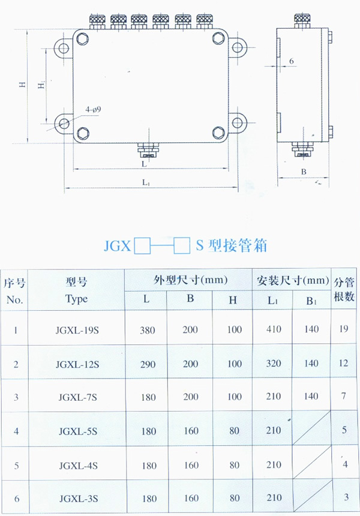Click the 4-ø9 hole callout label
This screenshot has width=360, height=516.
point(93,110)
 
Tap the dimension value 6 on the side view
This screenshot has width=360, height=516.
point(292,61)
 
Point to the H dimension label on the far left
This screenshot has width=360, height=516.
point(22,84)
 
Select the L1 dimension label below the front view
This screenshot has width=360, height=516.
point(146,182)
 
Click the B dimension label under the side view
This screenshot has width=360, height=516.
point(304,172)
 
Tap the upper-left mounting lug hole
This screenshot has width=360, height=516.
point(62,49)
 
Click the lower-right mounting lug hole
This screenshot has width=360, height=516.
point(237,122)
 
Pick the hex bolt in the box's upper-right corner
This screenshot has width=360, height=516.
point(218,39)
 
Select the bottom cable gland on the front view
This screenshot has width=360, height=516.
point(147,150)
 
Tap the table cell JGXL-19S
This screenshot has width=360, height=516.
point(77,330)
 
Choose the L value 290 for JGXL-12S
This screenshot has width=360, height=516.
point(148,364)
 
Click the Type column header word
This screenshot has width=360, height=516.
point(76,299)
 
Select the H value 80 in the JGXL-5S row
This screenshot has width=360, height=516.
point(234,430)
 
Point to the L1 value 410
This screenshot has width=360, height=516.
point(274,329)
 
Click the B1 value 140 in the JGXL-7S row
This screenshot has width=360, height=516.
point(311,396)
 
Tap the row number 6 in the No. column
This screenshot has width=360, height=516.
point(16,499)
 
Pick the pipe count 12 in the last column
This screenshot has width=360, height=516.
point(343,363)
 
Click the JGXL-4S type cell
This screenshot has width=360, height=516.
point(79,466)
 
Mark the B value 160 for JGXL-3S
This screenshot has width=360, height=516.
point(191,498)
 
